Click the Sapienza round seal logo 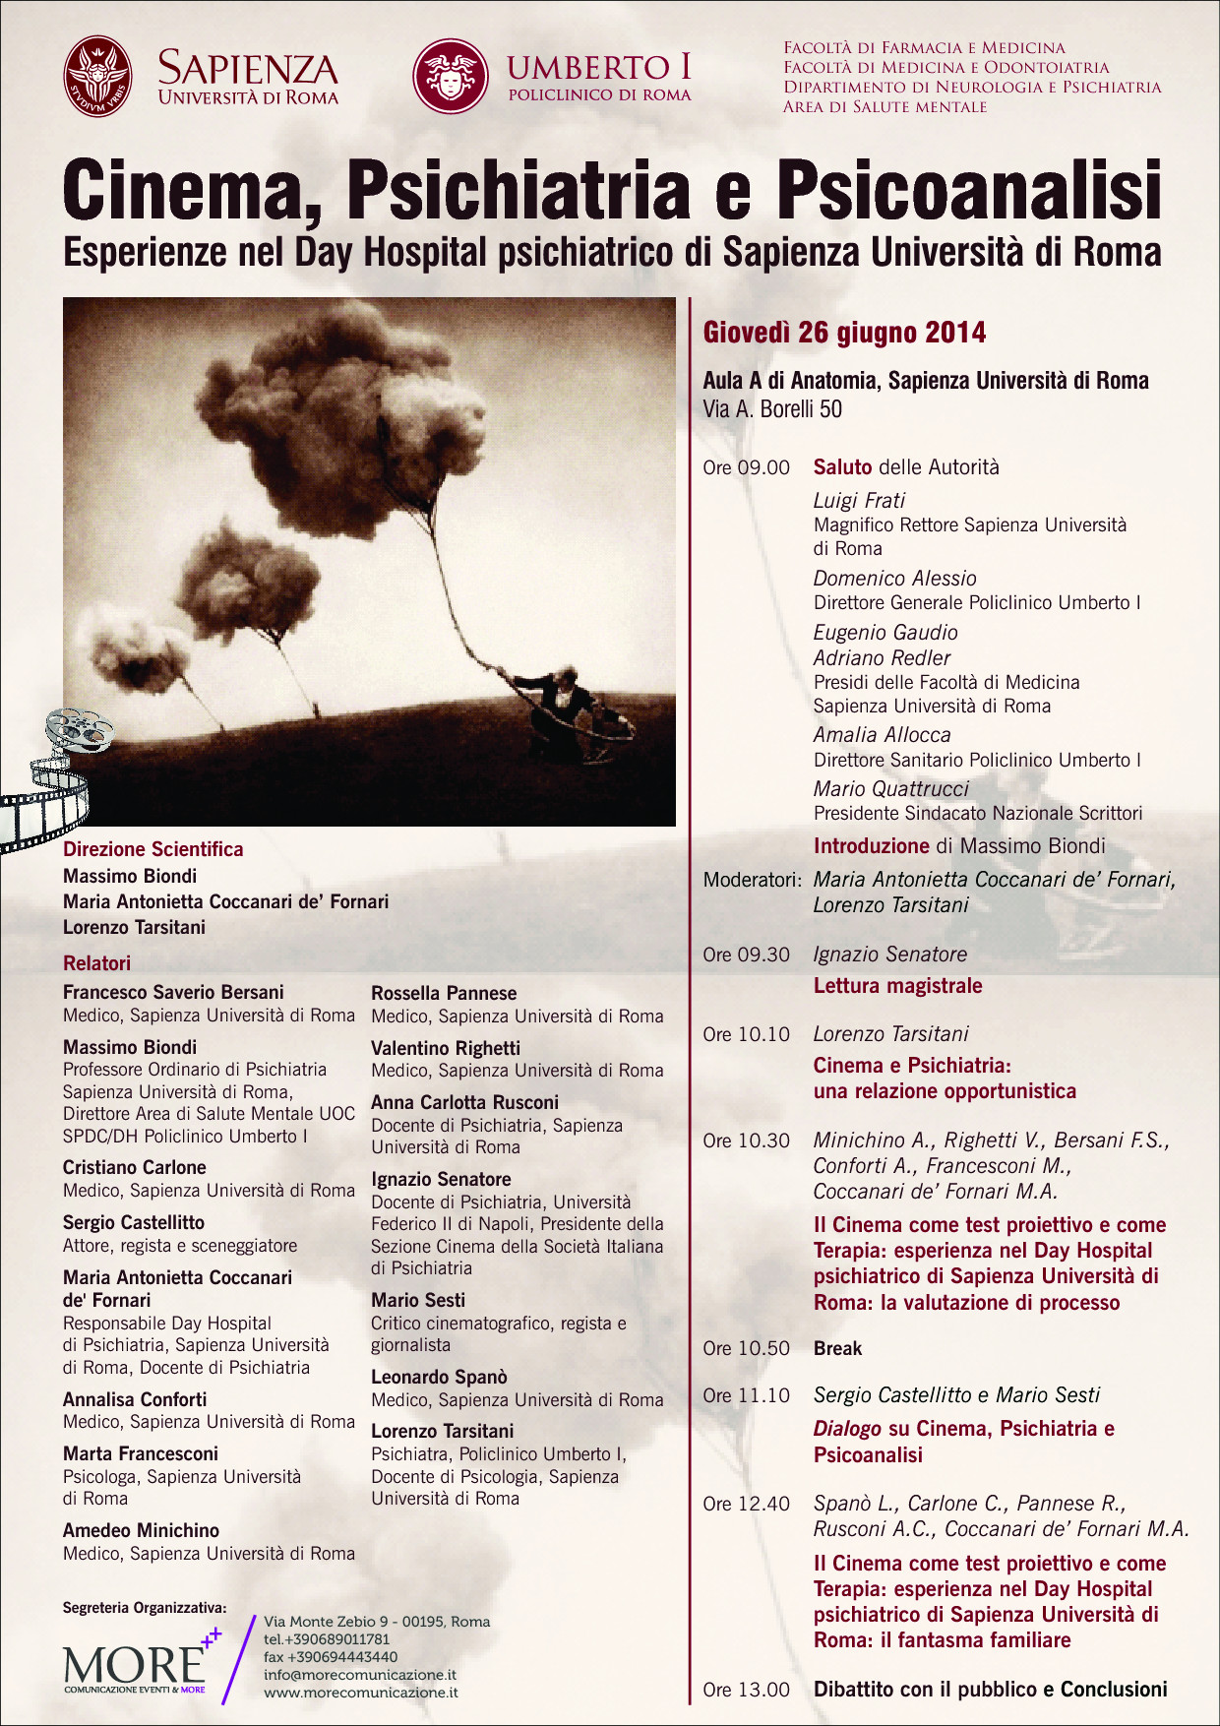97,77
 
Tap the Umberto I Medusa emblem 451,77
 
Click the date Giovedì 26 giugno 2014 844,333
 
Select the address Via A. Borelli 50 772,409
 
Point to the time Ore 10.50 746,1348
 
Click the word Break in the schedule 837,1348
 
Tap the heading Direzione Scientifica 152,849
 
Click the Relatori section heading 96,963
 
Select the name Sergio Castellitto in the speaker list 134,1222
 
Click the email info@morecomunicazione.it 359,1675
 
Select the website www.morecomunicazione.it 360,1693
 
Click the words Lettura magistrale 897,986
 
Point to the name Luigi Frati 859,500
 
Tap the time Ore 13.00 746,1690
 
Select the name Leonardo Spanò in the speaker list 439,1377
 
